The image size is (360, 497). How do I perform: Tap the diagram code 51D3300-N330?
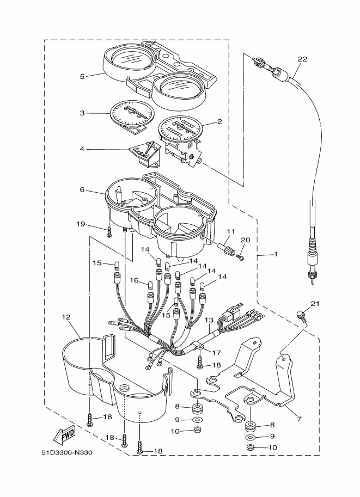pos(66,452)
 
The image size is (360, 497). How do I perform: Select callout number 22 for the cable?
pos(302,59)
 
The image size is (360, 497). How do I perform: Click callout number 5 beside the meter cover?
pos(82,76)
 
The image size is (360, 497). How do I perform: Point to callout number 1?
pos(276,254)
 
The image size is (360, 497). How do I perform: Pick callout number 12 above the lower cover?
pos(66,317)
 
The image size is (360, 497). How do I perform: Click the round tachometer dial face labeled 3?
pos(131,114)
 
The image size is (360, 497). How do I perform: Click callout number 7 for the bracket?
pos(298,419)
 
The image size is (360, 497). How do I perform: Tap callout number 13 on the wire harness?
pos(209,320)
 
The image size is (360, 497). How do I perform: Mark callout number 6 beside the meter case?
pos(82,189)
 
